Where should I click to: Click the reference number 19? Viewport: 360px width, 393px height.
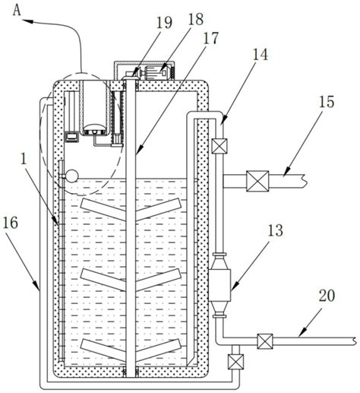164,23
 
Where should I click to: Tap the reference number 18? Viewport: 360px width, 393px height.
195,19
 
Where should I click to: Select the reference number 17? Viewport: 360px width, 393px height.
210,39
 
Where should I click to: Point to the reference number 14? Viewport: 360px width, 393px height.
261,55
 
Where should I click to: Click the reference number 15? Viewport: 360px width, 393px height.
327,102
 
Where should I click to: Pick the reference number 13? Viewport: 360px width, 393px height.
275,230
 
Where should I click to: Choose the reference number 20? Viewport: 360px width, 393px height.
327,296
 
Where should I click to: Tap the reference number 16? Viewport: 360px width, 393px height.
11,223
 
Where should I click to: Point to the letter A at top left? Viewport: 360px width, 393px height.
17,11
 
